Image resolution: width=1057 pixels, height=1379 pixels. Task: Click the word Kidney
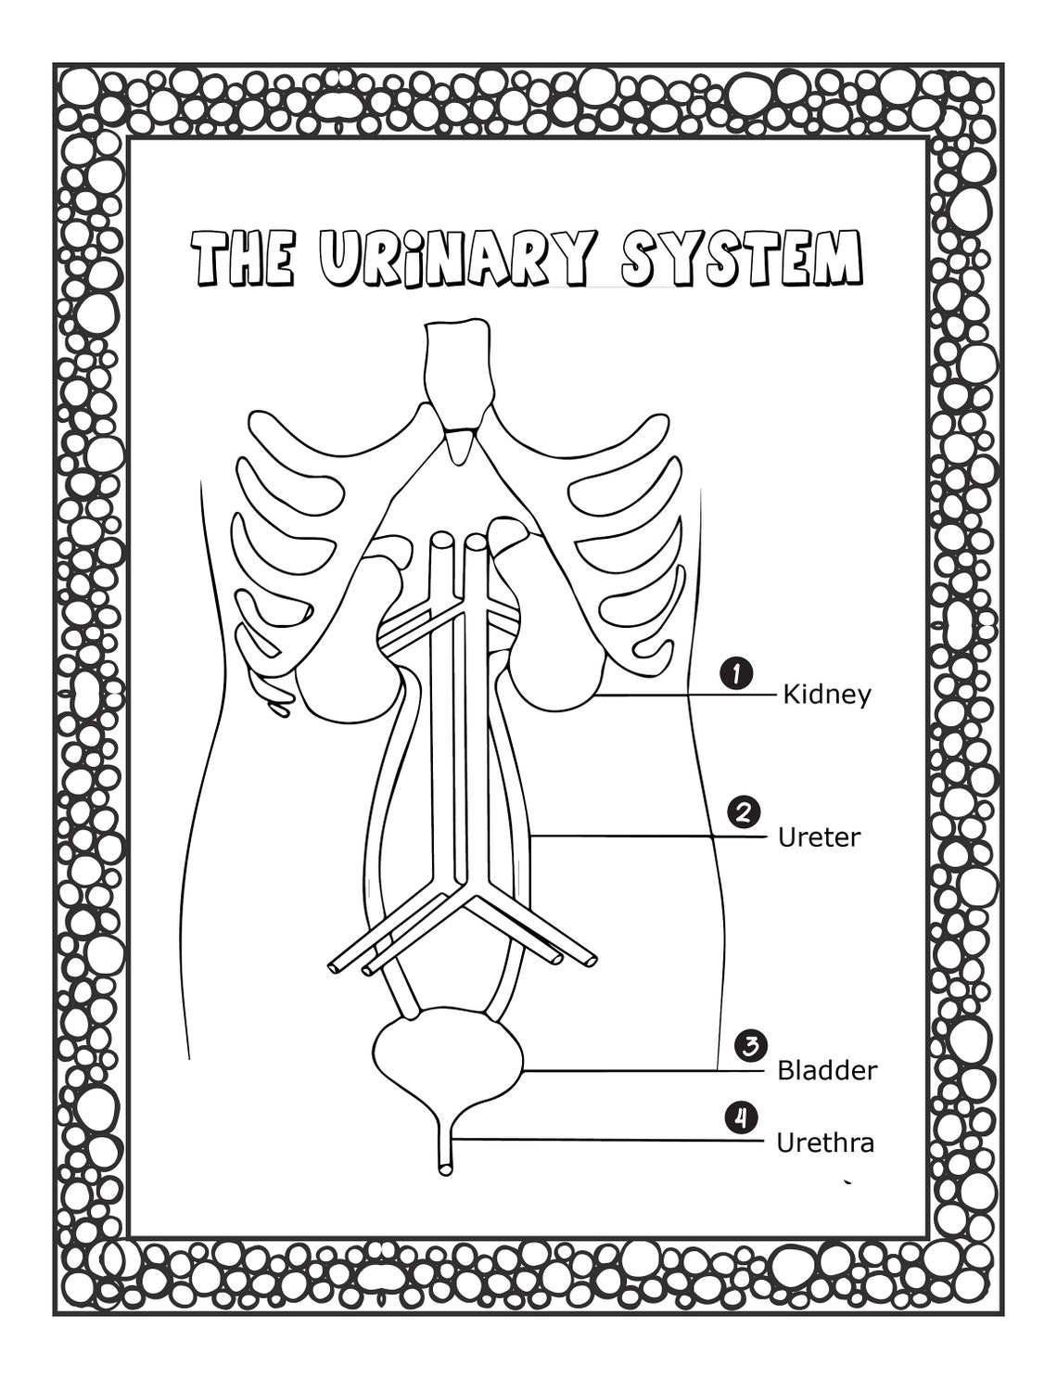(x=827, y=695)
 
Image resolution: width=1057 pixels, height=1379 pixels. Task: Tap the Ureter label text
(x=819, y=837)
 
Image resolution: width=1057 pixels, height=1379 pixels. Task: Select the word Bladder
(x=826, y=1071)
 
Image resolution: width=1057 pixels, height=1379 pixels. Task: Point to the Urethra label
(x=824, y=1143)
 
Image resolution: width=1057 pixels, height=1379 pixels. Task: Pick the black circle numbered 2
(x=744, y=812)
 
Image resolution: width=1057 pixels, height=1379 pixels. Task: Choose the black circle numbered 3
(x=749, y=1046)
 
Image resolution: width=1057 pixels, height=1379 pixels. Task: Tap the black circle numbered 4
(x=740, y=1117)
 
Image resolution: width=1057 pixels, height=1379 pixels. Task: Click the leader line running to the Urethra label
(x=612, y=1140)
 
